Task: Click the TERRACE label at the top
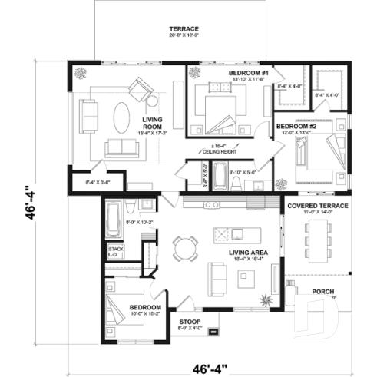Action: [x=184, y=29]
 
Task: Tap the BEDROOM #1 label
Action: [x=246, y=72]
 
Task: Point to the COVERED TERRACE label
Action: [x=318, y=207]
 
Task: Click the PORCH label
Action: [x=322, y=292]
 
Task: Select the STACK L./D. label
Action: [x=116, y=253]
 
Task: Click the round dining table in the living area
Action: [x=185, y=247]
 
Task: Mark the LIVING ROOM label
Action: [x=157, y=124]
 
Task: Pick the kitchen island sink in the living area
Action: [x=237, y=233]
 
